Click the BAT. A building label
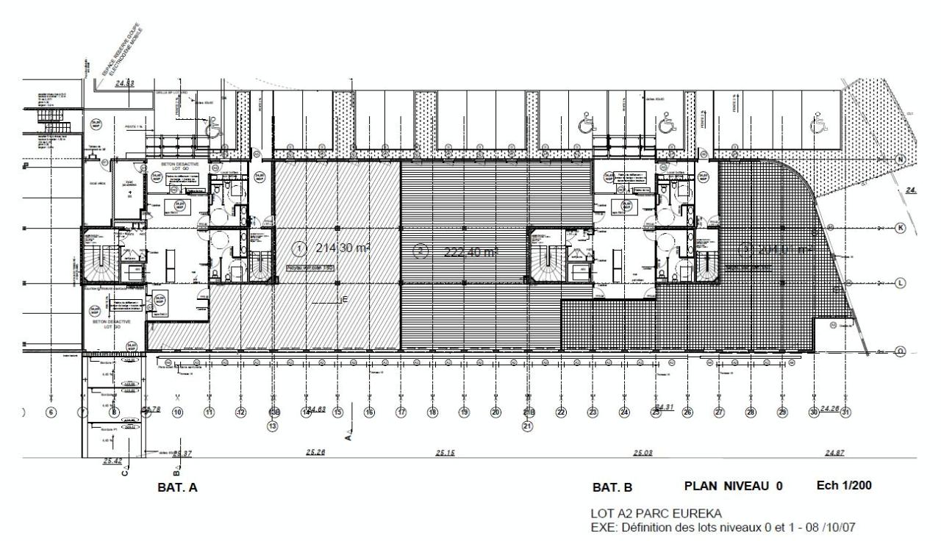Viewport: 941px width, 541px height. (x=177, y=487)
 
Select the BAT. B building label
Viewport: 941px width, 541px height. (x=612, y=487)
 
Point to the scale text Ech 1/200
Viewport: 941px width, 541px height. (x=845, y=486)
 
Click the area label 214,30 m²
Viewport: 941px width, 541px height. (x=341, y=248)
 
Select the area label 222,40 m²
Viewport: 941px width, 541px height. (x=471, y=252)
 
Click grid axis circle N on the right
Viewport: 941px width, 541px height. (x=900, y=160)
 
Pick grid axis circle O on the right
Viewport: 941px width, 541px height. (x=900, y=352)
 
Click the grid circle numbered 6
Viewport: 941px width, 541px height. (x=51, y=412)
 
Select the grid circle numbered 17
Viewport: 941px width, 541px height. (x=401, y=412)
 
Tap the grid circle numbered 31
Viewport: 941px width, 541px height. (x=845, y=412)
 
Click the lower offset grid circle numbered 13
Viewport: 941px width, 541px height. (x=272, y=425)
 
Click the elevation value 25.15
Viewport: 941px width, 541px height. (x=445, y=452)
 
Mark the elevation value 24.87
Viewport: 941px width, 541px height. (x=834, y=453)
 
